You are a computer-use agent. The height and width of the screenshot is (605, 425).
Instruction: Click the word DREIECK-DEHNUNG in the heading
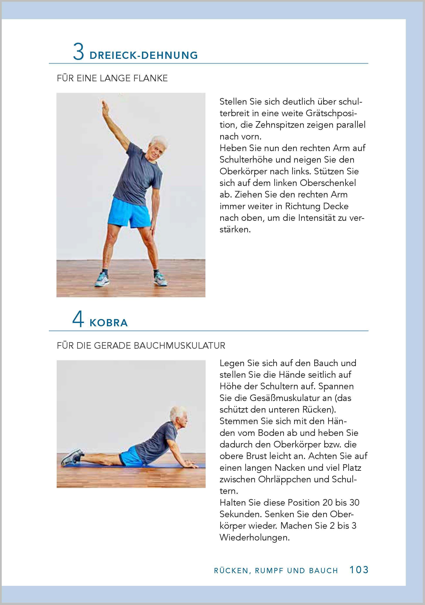tap(144, 56)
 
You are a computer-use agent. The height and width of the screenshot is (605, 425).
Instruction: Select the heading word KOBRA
tap(109, 323)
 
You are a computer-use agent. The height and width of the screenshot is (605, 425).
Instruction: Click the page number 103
tap(359, 570)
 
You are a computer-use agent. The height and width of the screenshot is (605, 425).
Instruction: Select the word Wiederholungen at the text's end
tap(254, 537)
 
